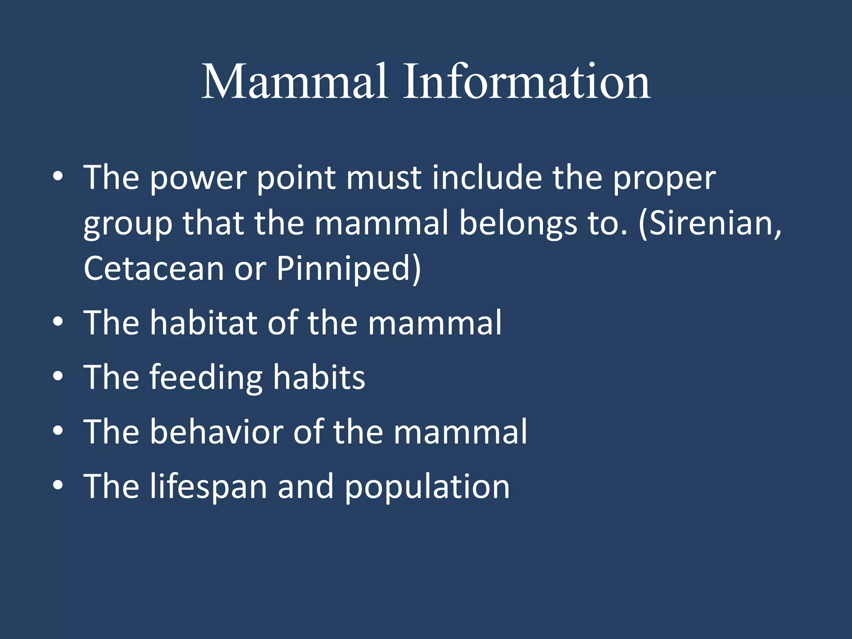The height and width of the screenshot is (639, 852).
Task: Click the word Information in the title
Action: point(526,82)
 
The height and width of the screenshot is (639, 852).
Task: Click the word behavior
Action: point(216,431)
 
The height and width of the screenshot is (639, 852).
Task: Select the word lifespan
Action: point(208,486)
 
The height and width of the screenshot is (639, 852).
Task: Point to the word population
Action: point(427,486)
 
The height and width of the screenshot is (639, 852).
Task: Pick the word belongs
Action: point(518,224)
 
